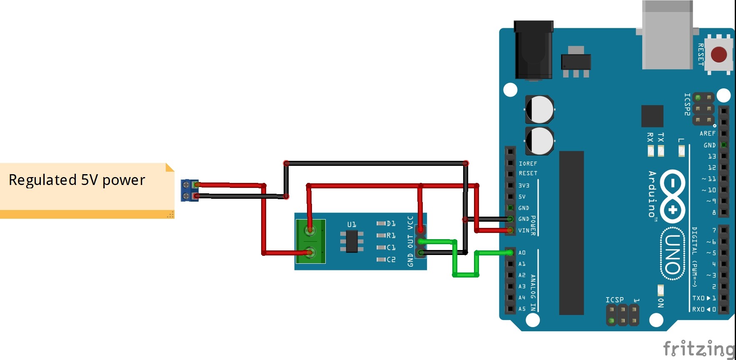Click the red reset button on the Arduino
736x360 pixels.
pos(719,55)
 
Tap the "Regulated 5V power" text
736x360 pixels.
pos(77,180)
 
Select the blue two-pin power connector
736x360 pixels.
pos(190,190)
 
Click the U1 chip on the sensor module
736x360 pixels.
pos(352,241)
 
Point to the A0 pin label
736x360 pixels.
pos(522,253)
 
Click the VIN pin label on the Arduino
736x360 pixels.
pos(524,230)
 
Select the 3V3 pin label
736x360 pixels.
pos(524,185)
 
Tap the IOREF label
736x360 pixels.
pos(528,164)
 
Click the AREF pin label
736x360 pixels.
pos(707,134)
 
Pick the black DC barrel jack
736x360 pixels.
pos(534,50)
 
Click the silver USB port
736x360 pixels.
pos(667,35)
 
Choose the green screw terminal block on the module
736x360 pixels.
pos(310,241)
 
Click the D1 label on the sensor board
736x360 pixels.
pos(391,224)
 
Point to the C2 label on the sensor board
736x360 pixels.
pos(391,260)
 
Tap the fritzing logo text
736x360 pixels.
pos(699,348)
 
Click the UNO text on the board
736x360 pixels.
pos(673,254)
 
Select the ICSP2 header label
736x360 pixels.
pos(687,104)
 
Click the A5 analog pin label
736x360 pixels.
pos(522,309)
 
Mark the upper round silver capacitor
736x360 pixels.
pos(539,110)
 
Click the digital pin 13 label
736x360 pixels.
pos(712,156)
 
